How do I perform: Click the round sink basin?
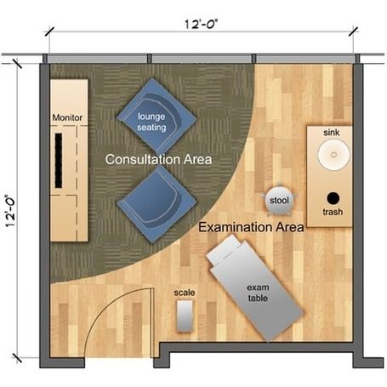pyautogui.click(x=333, y=154)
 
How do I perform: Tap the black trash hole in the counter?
pyautogui.click(x=333, y=198)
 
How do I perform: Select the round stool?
pyautogui.click(x=279, y=200)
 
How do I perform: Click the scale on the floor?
pyautogui.click(x=185, y=316)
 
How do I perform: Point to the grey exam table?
pyautogui.click(x=255, y=287)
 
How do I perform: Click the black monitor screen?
pyautogui.click(x=59, y=161)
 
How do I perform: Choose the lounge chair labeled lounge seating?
pyautogui.click(x=157, y=117)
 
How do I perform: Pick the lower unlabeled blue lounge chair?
pyautogui.click(x=157, y=204)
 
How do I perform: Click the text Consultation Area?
pyautogui.click(x=158, y=159)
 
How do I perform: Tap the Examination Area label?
pyautogui.click(x=251, y=227)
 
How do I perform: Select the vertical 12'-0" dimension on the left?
pyautogui.click(x=10, y=211)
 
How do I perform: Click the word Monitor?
pyautogui.click(x=67, y=117)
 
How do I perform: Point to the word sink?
pyautogui.click(x=332, y=132)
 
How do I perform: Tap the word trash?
pyautogui.click(x=333, y=212)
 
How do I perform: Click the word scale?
pyautogui.click(x=185, y=293)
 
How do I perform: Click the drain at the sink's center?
pyautogui.click(x=333, y=155)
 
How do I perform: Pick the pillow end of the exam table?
pyautogui.click(x=225, y=249)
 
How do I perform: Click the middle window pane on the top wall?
pyautogui.click(x=202, y=59)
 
